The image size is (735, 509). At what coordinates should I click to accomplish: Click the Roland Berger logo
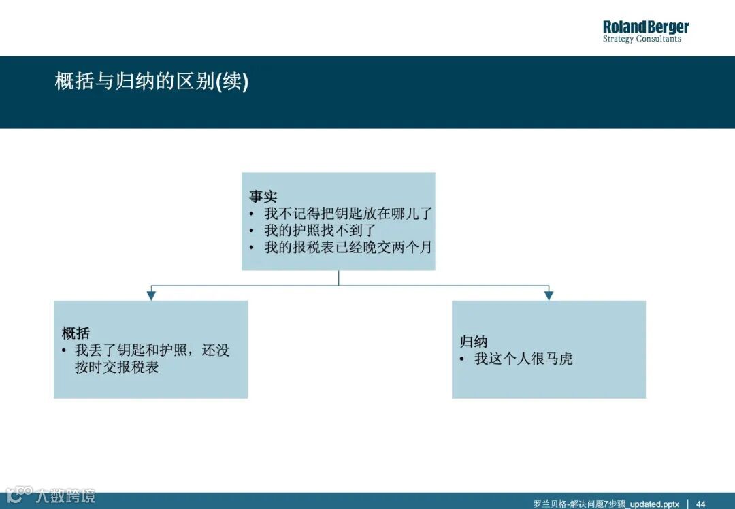point(645,27)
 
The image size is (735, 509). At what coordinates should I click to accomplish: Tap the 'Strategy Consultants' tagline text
point(641,39)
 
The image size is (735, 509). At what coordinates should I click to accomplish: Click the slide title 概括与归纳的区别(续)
point(152,82)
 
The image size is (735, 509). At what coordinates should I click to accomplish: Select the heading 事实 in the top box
point(263,197)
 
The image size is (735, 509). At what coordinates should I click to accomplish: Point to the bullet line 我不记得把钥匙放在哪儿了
point(348,214)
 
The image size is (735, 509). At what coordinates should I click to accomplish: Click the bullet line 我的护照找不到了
point(319,231)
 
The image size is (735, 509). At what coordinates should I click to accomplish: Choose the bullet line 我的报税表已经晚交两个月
point(348,248)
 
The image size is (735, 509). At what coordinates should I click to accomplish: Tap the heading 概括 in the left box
point(76,333)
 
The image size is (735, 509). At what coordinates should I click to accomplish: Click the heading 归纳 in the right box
point(474,342)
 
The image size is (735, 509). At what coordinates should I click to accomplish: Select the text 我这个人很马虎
point(523,359)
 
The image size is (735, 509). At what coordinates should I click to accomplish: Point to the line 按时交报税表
point(116,367)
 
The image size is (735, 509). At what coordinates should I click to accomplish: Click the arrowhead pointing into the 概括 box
point(151,295)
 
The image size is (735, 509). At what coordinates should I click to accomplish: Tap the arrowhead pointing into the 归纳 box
point(549,295)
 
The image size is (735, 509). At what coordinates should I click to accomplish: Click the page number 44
point(700,504)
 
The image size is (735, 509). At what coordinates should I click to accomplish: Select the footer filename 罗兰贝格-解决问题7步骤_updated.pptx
point(606,504)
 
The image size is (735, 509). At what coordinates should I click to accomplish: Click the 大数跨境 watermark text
point(66,495)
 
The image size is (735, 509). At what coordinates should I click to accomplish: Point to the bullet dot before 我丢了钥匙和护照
point(64,350)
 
